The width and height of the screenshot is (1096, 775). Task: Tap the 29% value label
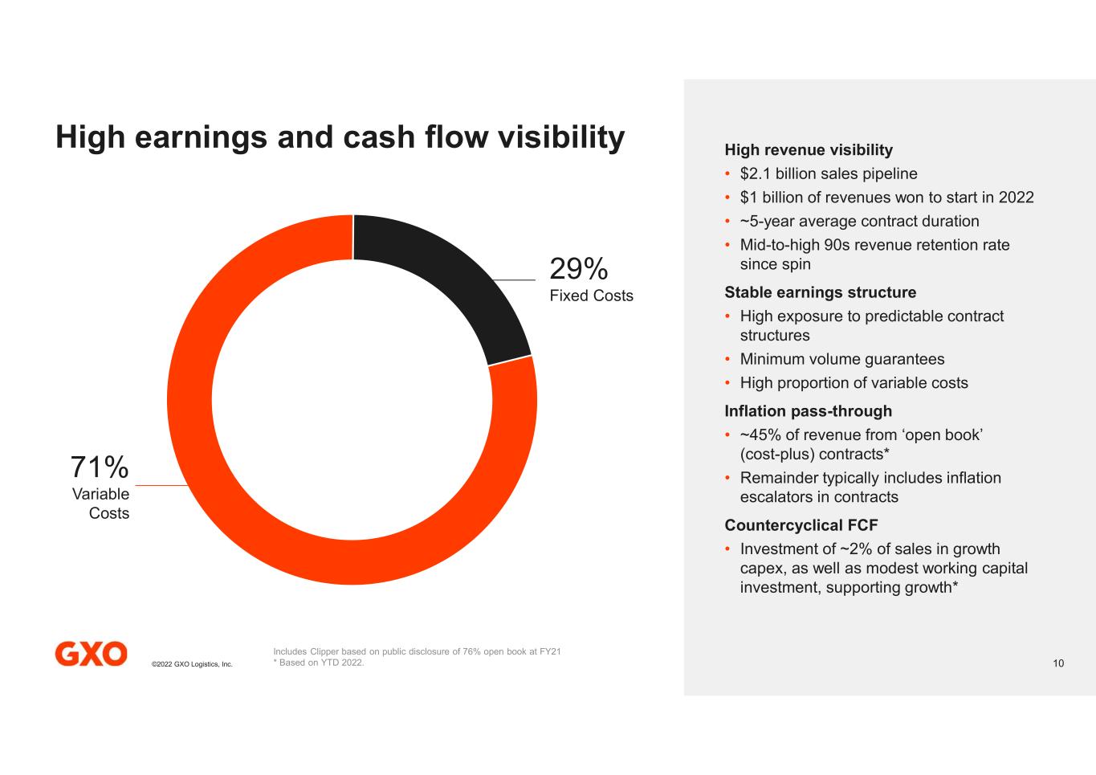click(579, 268)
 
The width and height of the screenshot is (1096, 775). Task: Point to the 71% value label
click(100, 467)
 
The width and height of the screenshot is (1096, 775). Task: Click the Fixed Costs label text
click(591, 296)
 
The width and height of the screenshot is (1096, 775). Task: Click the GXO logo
click(91, 654)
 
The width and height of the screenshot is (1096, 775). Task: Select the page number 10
click(1058, 663)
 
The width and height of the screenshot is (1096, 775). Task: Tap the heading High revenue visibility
click(809, 149)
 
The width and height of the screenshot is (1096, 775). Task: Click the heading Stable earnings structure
click(820, 292)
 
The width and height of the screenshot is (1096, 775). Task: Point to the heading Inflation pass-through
click(808, 411)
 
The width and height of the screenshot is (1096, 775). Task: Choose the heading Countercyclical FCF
click(801, 525)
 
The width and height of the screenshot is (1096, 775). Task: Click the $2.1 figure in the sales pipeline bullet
click(755, 173)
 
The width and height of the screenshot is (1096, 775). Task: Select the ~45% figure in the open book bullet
click(760, 434)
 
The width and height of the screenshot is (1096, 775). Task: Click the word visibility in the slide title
click(561, 137)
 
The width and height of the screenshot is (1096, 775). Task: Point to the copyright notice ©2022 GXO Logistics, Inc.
click(192, 664)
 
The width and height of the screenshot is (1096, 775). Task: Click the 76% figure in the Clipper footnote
click(471, 651)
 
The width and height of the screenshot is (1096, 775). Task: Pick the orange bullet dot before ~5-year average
click(727, 221)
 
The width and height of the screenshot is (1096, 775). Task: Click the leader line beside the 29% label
click(514, 279)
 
